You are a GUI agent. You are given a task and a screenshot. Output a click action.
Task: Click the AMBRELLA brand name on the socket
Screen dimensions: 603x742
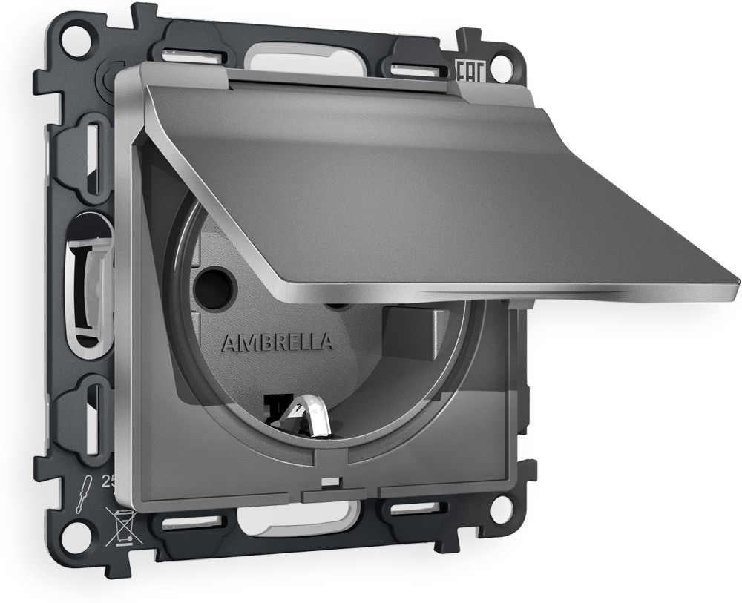point(276,343)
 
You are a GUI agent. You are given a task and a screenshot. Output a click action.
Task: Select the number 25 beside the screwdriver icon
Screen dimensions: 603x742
point(108,481)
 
